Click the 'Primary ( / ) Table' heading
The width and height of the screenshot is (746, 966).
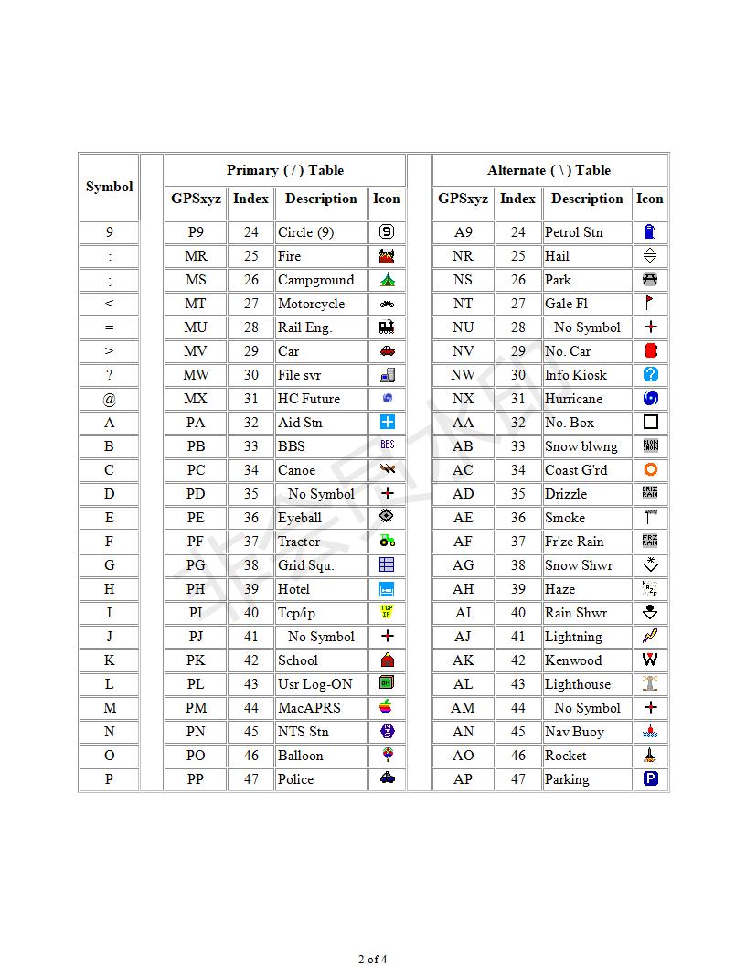[285, 170]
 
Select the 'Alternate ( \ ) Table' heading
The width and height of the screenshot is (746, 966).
[549, 170]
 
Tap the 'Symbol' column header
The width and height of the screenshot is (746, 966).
[109, 187]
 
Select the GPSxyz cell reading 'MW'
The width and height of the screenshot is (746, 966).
[196, 375]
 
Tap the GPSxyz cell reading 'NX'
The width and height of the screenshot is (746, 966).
[464, 399]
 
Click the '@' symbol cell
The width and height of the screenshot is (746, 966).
[109, 399]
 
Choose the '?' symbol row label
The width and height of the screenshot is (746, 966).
[109, 375]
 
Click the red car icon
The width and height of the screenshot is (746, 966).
[387, 351]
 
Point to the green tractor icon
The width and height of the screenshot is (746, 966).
[387, 542]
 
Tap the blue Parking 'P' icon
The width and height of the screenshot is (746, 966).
[651, 779]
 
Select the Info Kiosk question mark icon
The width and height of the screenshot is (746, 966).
[651, 375]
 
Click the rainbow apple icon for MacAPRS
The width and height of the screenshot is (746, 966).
[387, 708]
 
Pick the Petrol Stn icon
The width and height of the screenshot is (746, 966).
[651, 232]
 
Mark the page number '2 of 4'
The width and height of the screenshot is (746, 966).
[373, 959]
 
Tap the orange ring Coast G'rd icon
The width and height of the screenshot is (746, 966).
[651, 470]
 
